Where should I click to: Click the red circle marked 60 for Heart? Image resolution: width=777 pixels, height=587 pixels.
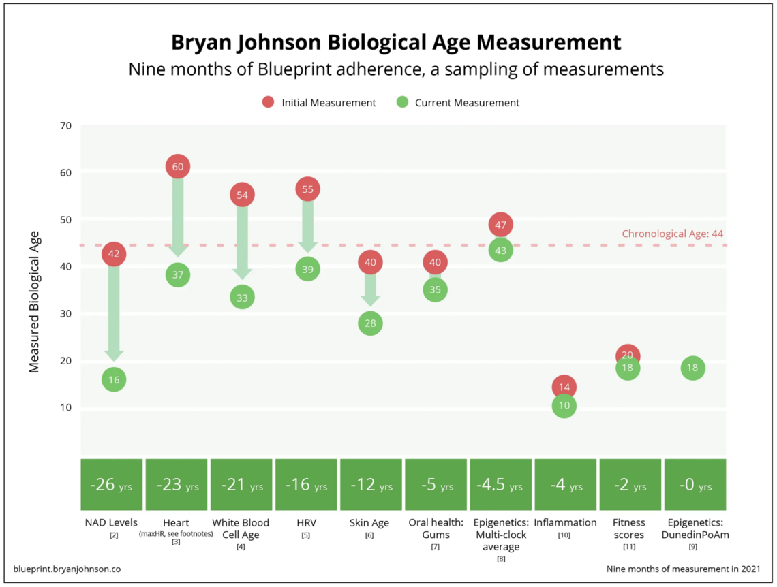coord(177,167)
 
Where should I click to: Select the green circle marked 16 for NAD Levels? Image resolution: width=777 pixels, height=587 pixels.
coord(114,379)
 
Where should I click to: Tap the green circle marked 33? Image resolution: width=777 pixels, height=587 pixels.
coord(242,297)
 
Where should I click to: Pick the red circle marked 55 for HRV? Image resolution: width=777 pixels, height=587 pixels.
coord(307,189)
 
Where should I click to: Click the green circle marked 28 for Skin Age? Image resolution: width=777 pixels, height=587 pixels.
coord(370,323)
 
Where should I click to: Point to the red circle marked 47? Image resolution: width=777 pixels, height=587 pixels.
coord(500,225)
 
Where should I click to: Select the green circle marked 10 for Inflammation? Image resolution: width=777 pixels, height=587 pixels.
coord(564,406)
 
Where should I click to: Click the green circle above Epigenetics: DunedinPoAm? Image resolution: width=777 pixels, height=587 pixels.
coord(692,368)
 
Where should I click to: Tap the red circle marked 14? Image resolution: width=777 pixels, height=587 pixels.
coord(564,386)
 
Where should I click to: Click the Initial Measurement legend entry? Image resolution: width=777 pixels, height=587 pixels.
coord(319,103)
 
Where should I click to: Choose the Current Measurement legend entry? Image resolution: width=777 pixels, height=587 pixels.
coord(458,103)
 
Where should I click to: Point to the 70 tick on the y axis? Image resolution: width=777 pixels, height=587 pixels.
coord(65,126)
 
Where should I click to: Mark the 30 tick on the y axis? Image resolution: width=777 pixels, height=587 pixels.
coord(65,314)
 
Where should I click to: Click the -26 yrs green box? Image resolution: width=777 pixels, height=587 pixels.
coord(112,485)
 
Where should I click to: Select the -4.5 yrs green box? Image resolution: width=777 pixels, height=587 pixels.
coord(500,485)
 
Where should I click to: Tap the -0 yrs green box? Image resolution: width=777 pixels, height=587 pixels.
coord(695,485)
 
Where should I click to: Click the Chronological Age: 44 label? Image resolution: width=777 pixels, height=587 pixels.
coord(672,234)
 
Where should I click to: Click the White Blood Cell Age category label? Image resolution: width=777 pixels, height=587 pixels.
coord(241,528)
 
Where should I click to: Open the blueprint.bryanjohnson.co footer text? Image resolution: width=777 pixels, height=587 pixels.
coord(67,569)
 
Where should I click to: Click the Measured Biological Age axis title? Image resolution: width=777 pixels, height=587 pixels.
coord(34,301)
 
